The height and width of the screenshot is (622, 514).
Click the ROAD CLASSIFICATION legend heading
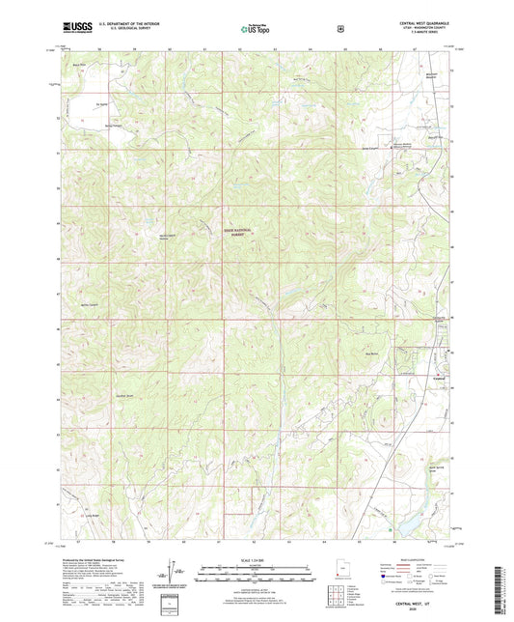coord(406,558)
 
